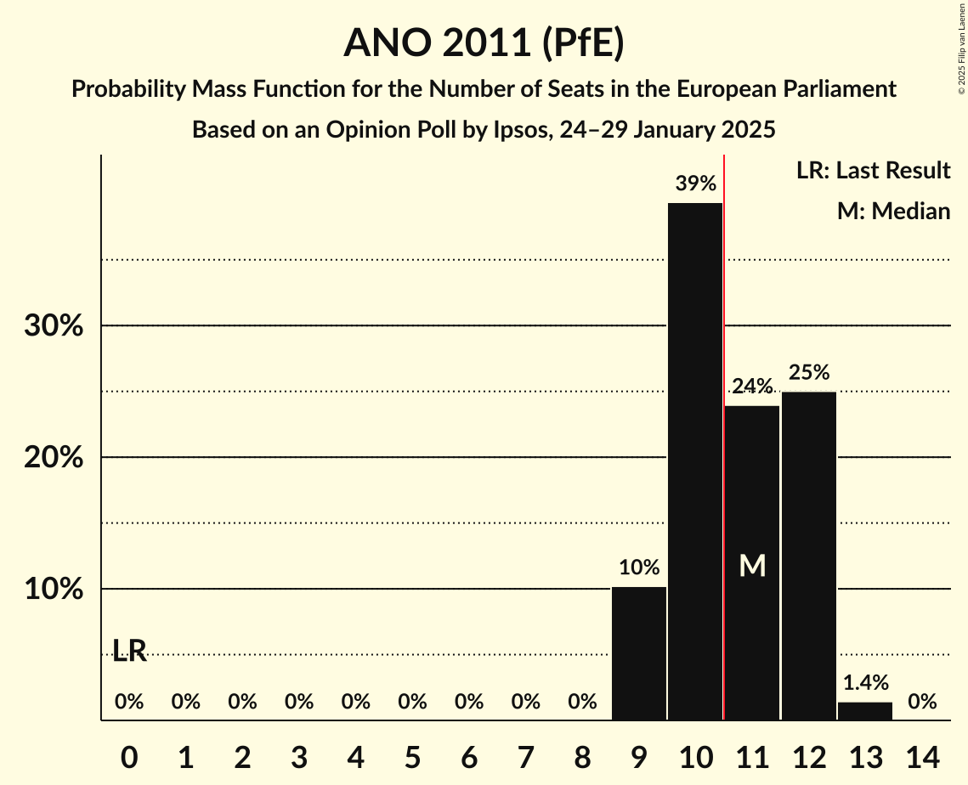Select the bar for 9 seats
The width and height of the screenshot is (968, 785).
[x=638, y=653]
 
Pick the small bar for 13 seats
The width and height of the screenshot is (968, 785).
[x=865, y=711]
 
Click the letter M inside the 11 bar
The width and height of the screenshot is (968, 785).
[x=752, y=566]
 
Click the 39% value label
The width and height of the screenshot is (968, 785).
[x=695, y=184]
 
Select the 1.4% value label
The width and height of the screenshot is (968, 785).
[x=865, y=682]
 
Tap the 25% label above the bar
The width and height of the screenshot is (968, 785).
[x=808, y=372]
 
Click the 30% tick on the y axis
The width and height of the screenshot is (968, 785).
[x=53, y=326]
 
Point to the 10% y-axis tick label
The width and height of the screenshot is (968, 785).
[x=53, y=590]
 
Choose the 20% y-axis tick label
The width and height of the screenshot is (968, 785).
[x=53, y=458]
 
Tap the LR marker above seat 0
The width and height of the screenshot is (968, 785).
[x=129, y=652]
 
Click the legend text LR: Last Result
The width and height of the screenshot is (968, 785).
[x=873, y=171]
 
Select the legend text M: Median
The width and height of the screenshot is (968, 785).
[x=893, y=211]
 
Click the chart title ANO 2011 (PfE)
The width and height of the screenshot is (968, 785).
[x=484, y=43]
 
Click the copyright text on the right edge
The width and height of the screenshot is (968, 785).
[x=961, y=59]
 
